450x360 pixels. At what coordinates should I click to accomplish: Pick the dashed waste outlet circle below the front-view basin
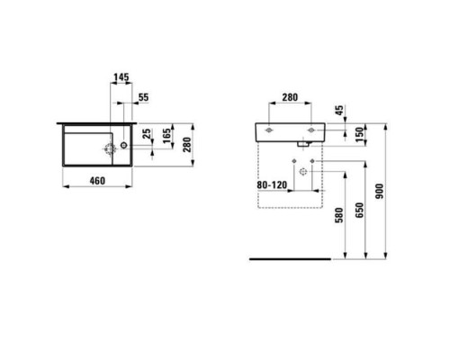click(303, 172)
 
